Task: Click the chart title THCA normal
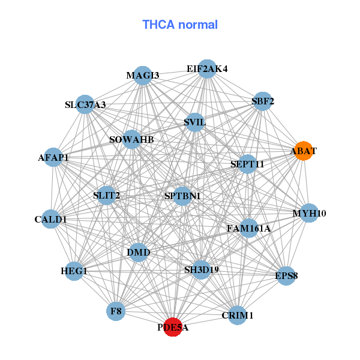(180, 25)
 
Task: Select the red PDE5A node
(173, 327)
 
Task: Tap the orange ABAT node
(303, 152)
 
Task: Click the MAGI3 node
(142, 76)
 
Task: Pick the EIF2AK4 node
(206, 69)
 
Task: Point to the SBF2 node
(263, 101)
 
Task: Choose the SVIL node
(195, 122)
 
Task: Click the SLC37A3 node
(85, 105)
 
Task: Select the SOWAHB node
(131, 140)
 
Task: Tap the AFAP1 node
(53, 158)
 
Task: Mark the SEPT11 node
(247, 164)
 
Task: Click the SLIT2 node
(106, 195)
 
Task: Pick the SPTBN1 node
(182, 196)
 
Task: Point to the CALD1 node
(50, 220)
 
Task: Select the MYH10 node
(309, 213)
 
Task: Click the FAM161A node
(249, 229)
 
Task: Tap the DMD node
(139, 252)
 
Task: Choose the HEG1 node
(74, 271)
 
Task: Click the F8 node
(116, 311)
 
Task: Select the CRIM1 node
(238, 315)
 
